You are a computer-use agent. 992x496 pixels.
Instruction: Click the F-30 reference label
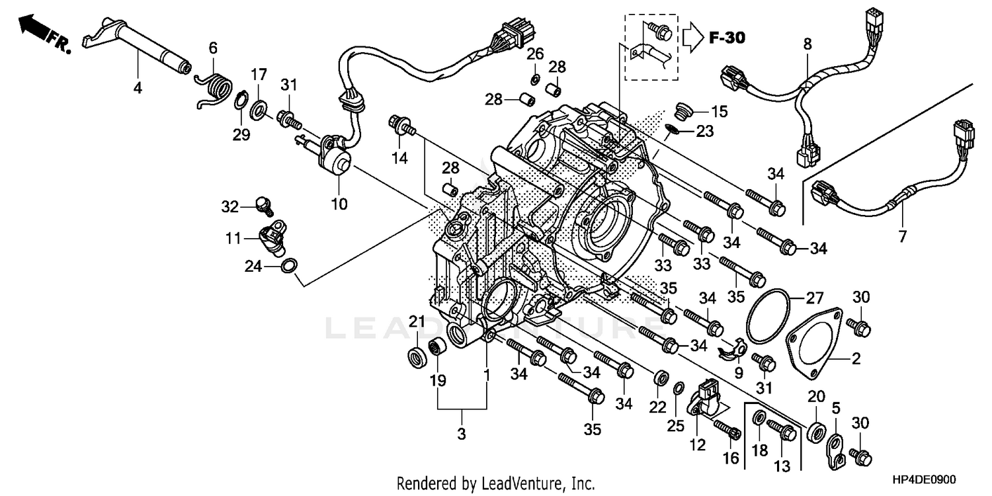(727, 38)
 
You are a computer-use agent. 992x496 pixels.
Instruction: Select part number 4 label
(137, 87)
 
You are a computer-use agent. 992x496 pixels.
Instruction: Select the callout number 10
(339, 204)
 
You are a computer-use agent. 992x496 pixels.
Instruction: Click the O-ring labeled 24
(289, 267)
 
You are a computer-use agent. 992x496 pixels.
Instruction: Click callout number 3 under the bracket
(462, 434)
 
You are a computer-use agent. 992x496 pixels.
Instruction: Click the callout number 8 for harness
(807, 45)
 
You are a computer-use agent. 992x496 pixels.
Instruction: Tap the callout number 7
(903, 235)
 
